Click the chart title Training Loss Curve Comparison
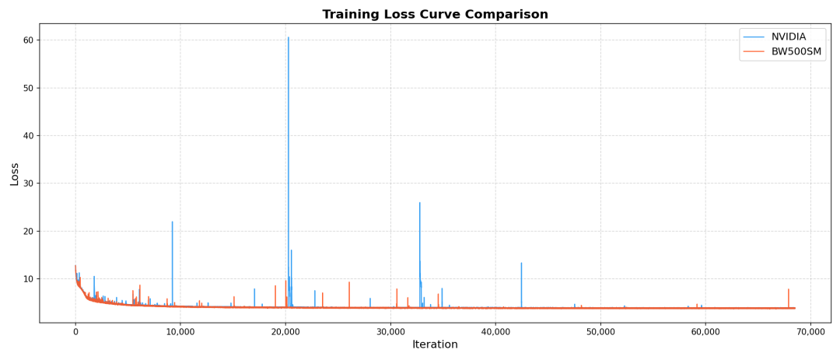coord(435,15)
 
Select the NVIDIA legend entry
coord(789,37)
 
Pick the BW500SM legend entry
coord(796,51)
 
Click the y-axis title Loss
coord(15,173)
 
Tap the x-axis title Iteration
coord(435,344)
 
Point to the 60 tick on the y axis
coord(27,40)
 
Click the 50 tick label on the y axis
coord(27,88)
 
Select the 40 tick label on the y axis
coord(27,136)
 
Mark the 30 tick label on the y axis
coord(27,183)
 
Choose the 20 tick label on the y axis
coord(27,232)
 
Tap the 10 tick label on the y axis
coord(27,279)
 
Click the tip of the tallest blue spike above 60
coord(289,37)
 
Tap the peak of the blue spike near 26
coord(420,203)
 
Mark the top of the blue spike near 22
coord(173,222)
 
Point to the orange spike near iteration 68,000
coord(789,290)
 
